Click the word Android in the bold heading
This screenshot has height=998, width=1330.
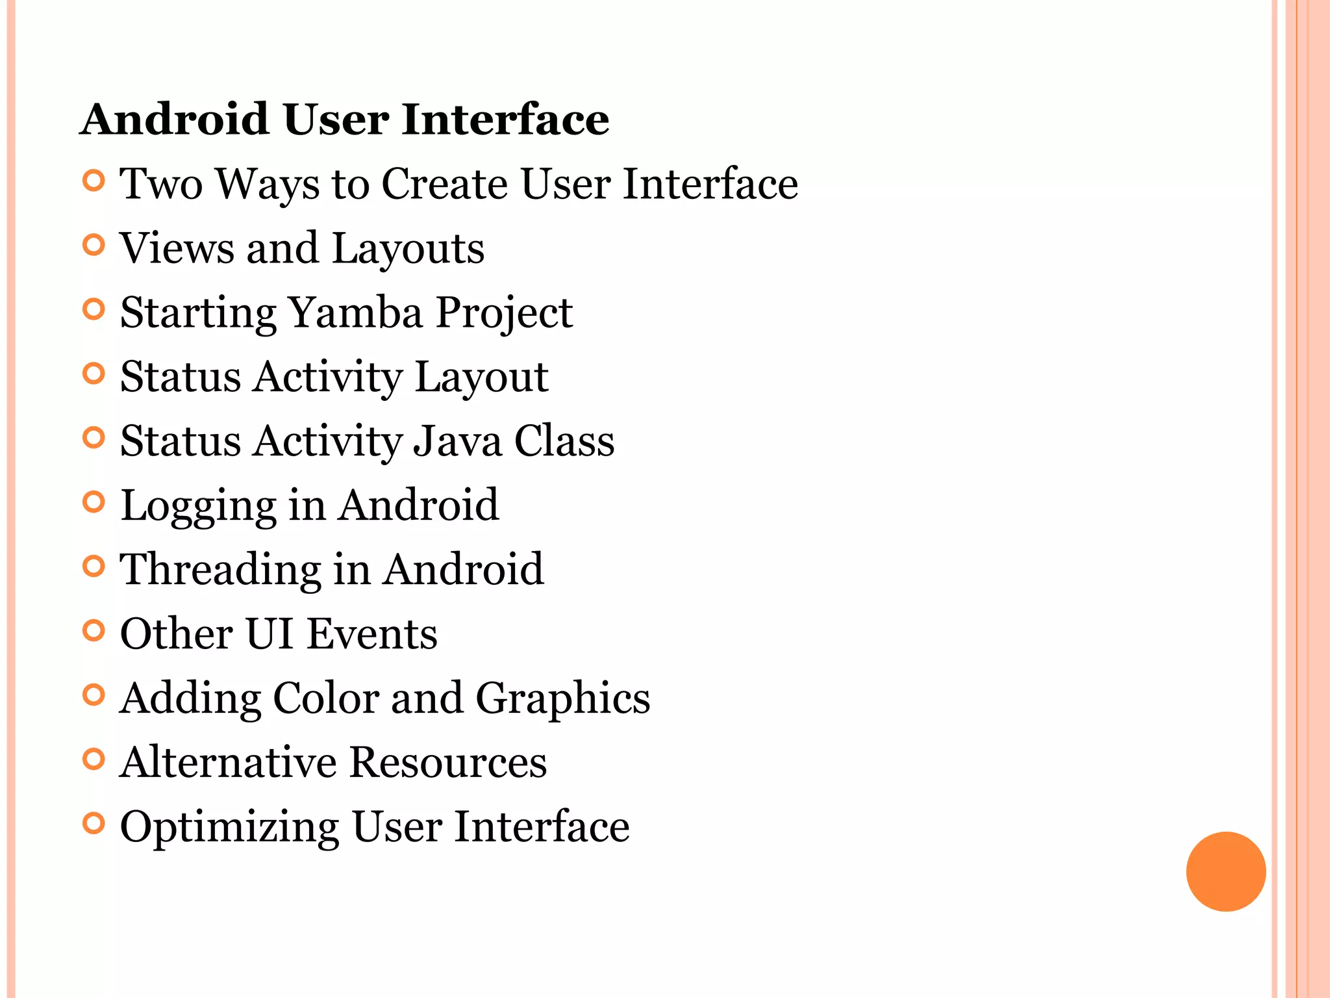[x=175, y=120]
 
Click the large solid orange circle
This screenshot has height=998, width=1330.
[x=1225, y=871]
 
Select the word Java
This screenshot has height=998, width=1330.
[x=458, y=441]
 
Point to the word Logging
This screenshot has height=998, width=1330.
[x=198, y=507]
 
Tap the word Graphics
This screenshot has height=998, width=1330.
[x=562, y=699]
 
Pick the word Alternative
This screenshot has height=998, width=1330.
[x=228, y=762]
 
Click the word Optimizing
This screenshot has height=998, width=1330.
[x=229, y=828]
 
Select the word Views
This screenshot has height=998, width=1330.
[x=177, y=248]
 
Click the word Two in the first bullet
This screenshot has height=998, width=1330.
[x=160, y=184]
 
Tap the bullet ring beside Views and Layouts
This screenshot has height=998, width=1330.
[x=94, y=245]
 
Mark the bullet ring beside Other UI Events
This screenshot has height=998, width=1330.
[x=94, y=630]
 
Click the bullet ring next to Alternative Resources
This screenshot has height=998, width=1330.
[x=94, y=759]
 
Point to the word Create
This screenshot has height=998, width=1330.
[x=444, y=184]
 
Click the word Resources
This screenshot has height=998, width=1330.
[x=448, y=762]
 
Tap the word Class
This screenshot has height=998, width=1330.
[x=564, y=441]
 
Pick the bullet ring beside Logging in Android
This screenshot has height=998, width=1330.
[x=94, y=502]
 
